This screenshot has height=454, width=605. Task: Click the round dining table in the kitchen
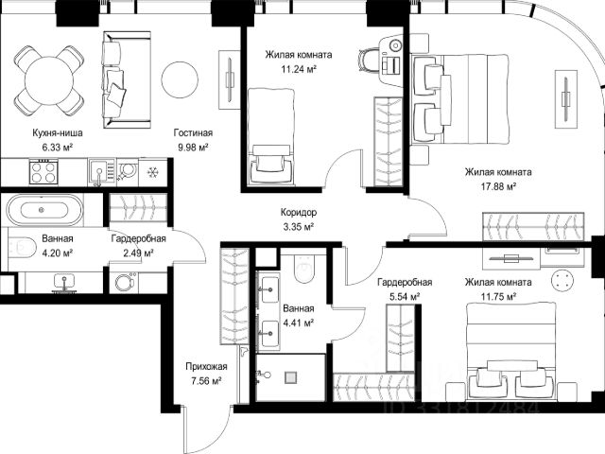(x=48, y=80)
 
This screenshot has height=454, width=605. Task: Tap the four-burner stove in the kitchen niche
(x=44, y=172)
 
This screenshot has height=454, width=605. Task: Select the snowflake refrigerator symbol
(x=153, y=172)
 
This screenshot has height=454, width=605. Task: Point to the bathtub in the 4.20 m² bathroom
(x=44, y=210)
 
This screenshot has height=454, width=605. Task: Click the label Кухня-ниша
(x=58, y=132)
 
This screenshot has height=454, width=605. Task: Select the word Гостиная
(x=193, y=132)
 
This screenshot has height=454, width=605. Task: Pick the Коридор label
(x=299, y=212)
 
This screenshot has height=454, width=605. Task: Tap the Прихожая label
(x=206, y=366)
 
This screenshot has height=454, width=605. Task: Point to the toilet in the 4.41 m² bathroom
(x=304, y=268)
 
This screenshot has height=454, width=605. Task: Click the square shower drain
(x=291, y=377)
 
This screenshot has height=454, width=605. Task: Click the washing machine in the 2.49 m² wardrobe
(x=125, y=282)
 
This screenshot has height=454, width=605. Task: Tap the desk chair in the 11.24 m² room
(x=369, y=60)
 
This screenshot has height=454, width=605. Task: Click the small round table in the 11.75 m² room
(x=563, y=279)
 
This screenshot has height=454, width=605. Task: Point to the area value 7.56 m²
(x=206, y=381)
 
